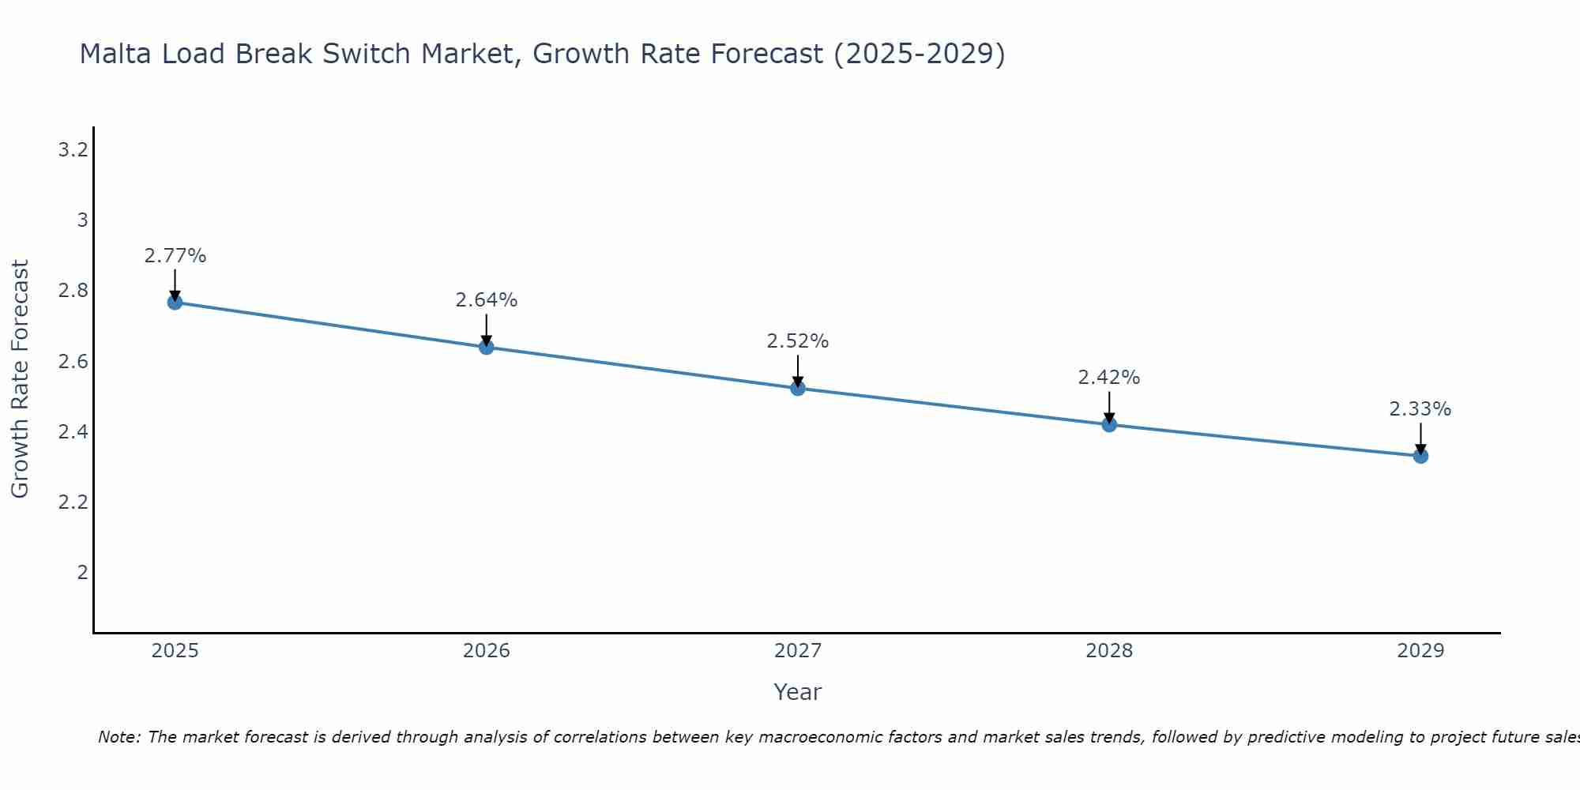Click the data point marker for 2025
[175, 303]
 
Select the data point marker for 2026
[487, 347]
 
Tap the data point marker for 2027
[798, 389]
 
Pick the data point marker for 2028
[1109, 425]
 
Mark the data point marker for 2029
[1420, 456]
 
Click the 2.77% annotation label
[175, 256]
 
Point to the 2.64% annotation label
[487, 300]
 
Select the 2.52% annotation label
[798, 341]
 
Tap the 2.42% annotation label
[1109, 378]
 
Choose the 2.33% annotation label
[1420, 409]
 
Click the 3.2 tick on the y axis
[73, 150]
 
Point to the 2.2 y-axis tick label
[73, 502]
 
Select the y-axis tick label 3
[82, 220]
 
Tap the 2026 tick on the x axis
[487, 651]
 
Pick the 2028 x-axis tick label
[1109, 651]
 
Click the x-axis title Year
[798, 692]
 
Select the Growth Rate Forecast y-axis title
[20, 379]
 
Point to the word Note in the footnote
[118, 737]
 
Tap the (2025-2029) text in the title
[920, 54]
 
